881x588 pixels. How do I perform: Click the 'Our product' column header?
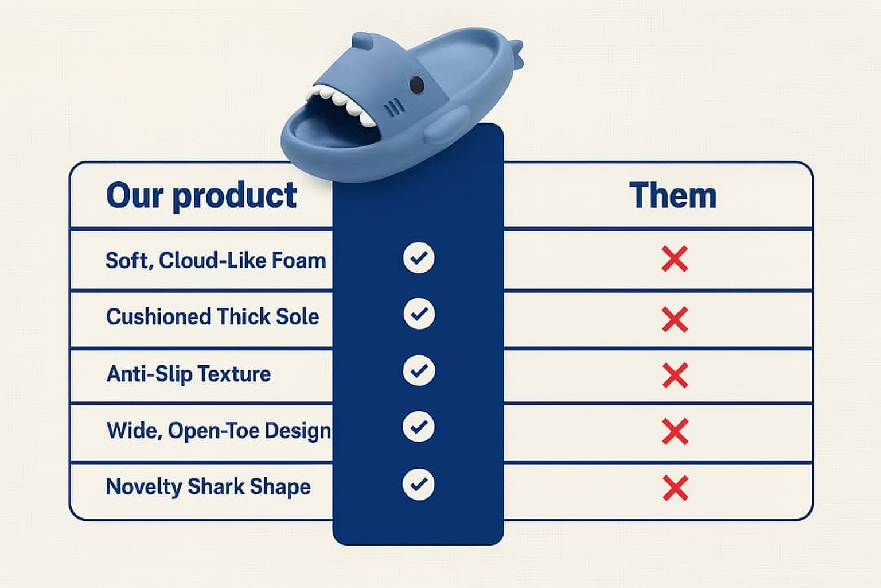pyautogui.click(x=201, y=196)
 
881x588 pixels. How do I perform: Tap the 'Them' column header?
pyautogui.click(x=673, y=195)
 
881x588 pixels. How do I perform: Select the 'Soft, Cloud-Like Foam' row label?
pyautogui.click(x=216, y=260)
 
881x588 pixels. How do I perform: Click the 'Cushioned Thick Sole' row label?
pyautogui.click(x=212, y=316)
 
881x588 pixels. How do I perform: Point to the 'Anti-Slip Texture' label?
pyautogui.click(x=188, y=374)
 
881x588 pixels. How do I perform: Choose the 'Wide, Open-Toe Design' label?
pyautogui.click(x=219, y=431)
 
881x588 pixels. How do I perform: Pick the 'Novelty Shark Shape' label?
pyautogui.click(x=208, y=487)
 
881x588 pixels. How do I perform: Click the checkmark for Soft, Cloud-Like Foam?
pyautogui.click(x=419, y=258)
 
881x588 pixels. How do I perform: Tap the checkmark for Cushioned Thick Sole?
pyautogui.click(x=419, y=314)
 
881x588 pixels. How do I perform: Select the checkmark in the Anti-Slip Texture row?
pyautogui.click(x=419, y=370)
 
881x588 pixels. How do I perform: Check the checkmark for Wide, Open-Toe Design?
pyautogui.click(x=419, y=427)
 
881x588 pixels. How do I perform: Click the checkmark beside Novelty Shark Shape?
pyautogui.click(x=419, y=484)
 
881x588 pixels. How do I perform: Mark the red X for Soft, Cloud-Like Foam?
pyautogui.click(x=675, y=259)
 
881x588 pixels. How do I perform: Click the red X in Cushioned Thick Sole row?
pyautogui.click(x=675, y=319)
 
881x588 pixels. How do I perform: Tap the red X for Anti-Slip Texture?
pyautogui.click(x=675, y=376)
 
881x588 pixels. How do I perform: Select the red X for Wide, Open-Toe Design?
pyautogui.click(x=675, y=432)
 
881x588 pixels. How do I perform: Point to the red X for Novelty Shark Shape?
pyautogui.click(x=675, y=488)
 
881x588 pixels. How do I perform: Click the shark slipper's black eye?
pyautogui.click(x=416, y=84)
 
